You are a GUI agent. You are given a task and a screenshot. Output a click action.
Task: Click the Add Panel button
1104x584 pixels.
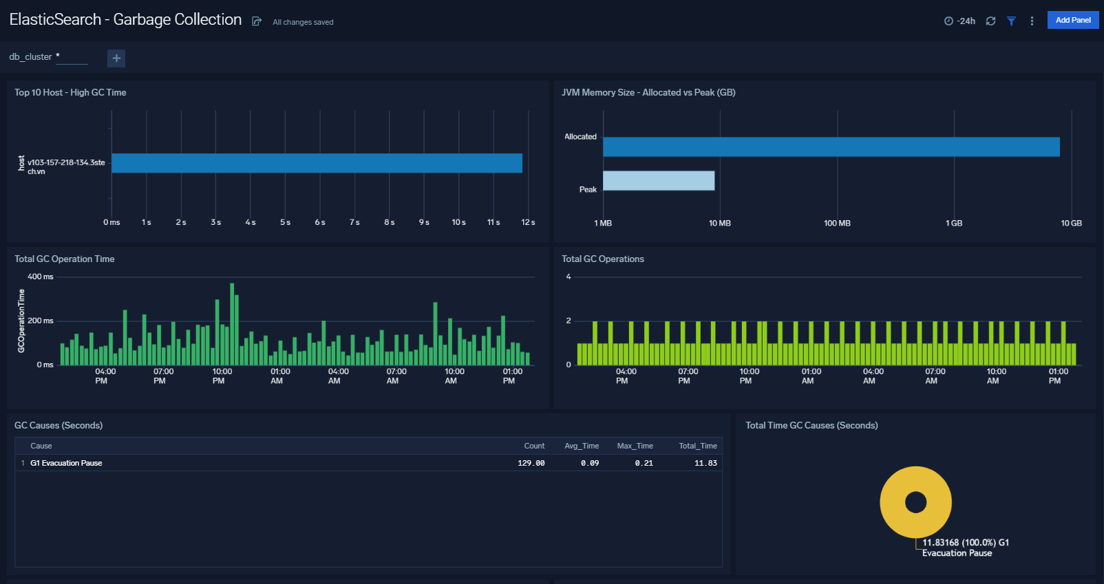point(1072,20)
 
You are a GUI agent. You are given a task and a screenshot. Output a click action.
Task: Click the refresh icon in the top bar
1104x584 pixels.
point(990,21)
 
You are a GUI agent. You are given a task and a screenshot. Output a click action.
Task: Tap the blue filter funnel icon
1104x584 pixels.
point(1011,21)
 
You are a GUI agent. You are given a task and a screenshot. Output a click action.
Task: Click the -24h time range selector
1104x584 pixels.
point(960,21)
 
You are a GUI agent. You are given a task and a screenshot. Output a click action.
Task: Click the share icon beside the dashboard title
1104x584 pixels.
point(257,21)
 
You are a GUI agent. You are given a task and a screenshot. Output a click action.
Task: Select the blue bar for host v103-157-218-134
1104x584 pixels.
point(317,163)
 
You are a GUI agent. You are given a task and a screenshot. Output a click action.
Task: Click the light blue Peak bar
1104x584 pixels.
point(658,181)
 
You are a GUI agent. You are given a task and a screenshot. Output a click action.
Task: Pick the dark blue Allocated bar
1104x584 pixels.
point(831,147)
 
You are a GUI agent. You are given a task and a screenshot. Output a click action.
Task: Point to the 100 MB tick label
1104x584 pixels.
point(837,224)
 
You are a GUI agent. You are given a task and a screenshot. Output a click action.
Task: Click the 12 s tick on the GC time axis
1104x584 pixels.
point(528,223)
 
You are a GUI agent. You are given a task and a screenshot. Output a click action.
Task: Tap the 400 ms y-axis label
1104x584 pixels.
point(40,277)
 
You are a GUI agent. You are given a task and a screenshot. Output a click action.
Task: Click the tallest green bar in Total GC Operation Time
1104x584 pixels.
point(232,323)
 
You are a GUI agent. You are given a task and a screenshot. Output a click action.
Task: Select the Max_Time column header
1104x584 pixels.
point(635,446)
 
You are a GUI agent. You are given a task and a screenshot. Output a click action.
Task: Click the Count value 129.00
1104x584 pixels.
point(531,463)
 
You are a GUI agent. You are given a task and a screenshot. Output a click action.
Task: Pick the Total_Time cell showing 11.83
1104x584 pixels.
point(705,463)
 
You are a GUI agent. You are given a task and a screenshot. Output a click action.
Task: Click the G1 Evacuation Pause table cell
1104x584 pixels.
point(66,463)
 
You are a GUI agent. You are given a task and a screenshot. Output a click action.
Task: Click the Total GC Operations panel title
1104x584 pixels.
point(602,259)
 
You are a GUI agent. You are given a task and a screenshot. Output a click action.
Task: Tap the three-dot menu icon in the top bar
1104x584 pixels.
point(1032,21)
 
